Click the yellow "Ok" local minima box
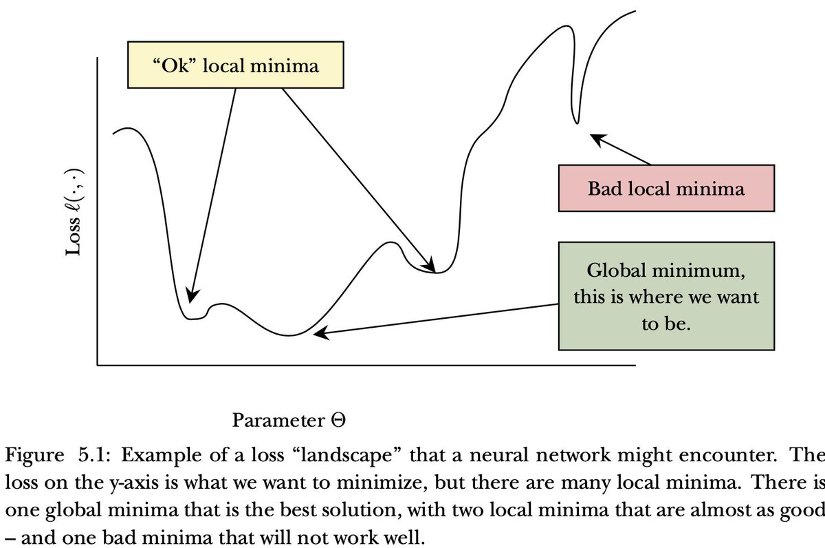click(234, 66)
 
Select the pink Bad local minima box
click(666, 188)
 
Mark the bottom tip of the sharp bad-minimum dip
click(577, 123)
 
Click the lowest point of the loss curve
click(290, 336)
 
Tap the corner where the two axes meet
click(98, 365)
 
